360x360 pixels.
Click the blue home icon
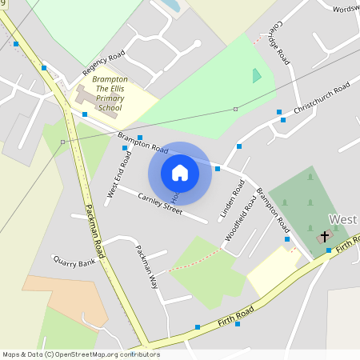pyautogui.click(x=180, y=172)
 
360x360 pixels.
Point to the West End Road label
pyautogui.click(x=119, y=174)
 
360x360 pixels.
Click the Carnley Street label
pyautogui.click(x=160, y=203)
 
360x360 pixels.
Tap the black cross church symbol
pyautogui.click(x=325, y=236)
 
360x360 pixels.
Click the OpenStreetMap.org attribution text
pyautogui.click(x=80, y=354)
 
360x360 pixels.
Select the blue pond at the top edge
pyautogui.click(x=170, y=6)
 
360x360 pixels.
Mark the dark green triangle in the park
pyautogui.click(x=256, y=76)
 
